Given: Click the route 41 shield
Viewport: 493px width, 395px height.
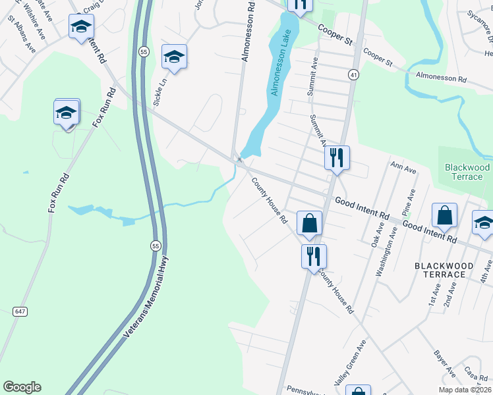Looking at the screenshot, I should [354, 76].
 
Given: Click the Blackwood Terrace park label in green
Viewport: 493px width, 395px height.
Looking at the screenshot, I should [467, 172].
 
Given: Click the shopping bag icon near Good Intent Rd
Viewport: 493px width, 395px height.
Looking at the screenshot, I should [445, 215].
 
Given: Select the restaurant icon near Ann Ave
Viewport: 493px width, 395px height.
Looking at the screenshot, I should [337, 157].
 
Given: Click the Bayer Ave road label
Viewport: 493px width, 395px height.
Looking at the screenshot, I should [446, 363].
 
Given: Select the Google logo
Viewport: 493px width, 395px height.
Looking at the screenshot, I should [22, 387].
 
